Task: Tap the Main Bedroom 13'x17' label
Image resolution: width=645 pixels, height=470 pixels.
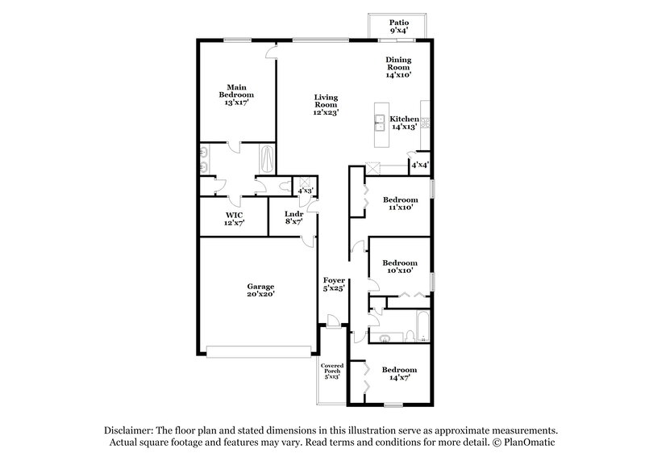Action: [236, 94]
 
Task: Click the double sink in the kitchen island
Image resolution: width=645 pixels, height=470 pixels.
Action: [377, 123]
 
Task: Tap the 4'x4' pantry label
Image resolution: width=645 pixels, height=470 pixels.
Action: [420, 165]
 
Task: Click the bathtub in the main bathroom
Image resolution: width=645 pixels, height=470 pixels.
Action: [268, 158]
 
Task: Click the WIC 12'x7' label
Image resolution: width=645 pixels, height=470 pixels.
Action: [235, 218]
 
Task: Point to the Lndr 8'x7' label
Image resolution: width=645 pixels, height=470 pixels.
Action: [293, 218]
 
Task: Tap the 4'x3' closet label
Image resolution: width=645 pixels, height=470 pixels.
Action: [306, 191]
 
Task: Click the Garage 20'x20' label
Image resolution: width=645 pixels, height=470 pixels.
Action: [260, 291]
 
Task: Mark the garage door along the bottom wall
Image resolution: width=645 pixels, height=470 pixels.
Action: [259, 351]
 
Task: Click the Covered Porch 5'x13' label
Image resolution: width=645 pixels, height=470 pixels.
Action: [332, 371]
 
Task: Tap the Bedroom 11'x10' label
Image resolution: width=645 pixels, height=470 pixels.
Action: [400, 204]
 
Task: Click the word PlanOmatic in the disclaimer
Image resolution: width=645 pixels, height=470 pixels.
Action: [528, 443]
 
